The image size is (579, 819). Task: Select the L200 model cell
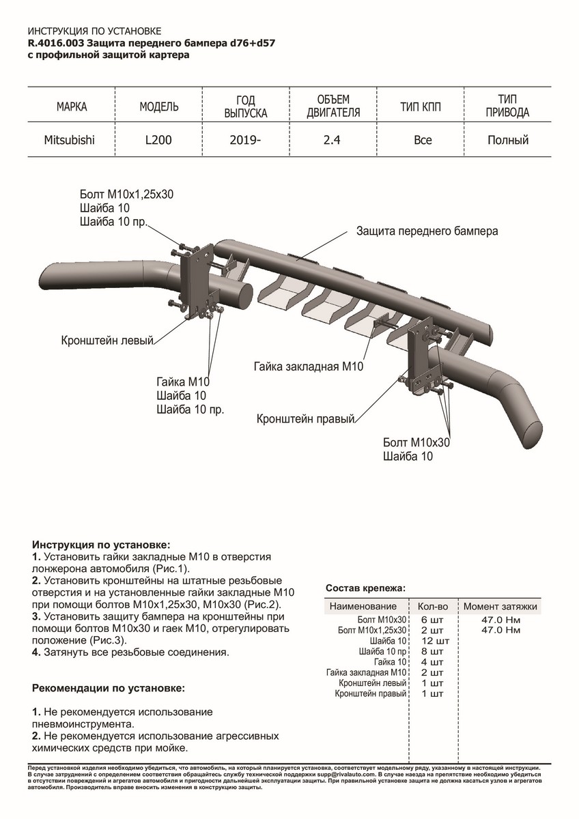pyautogui.click(x=158, y=141)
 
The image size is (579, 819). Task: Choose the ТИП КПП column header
pyautogui.click(x=423, y=107)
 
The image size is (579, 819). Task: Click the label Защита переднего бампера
pyautogui.click(x=427, y=231)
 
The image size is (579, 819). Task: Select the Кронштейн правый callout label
pyautogui.click(x=305, y=418)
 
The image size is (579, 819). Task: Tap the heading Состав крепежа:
pyautogui.click(x=365, y=588)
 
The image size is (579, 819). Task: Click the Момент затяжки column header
pyautogui.click(x=500, y=606)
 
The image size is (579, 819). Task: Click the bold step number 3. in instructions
pyautogui.click(x=36, y=616)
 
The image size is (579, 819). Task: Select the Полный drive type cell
pyautogui.click(x=508, y=141)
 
